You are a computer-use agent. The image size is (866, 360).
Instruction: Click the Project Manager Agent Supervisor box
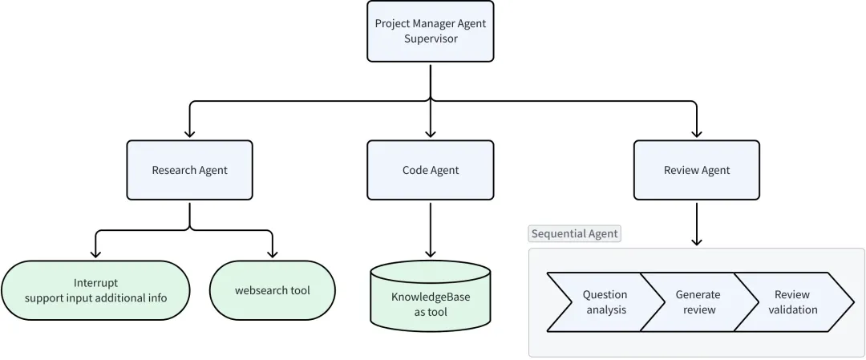click(431, 30)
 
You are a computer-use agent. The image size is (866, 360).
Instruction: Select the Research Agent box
click(189, 170)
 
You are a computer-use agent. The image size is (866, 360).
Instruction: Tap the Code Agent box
click(431, 170)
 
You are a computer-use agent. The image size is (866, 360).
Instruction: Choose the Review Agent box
click(696, 170)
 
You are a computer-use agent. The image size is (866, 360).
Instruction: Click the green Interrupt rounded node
click(95, 290)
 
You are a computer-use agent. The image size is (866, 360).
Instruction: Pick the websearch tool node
click(272, 290)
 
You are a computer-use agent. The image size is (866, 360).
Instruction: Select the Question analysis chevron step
click(601, 302)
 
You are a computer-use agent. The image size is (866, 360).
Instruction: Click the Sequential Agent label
click(575, 233)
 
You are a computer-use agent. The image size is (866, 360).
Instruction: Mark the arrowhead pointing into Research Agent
click(189, 133)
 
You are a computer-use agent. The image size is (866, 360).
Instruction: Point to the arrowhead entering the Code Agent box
click(431, 133)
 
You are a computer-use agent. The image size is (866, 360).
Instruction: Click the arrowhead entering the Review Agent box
click(696, 133)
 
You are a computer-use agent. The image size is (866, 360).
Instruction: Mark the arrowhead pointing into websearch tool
click(272, 253)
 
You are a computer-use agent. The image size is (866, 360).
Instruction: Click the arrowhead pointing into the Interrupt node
click(95, 253)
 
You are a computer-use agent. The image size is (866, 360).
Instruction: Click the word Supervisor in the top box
click(431, 38)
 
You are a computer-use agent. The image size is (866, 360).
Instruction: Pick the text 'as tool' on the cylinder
click(431, 312)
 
